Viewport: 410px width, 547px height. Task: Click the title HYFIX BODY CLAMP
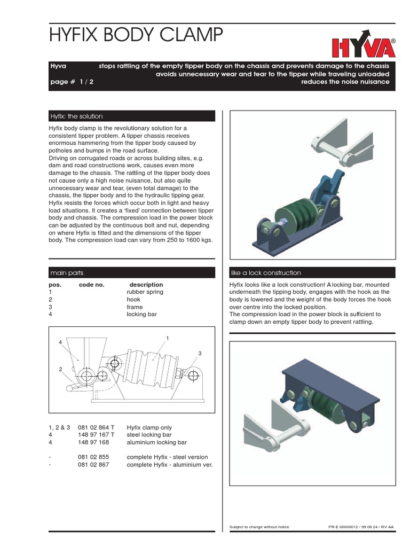point(135,35)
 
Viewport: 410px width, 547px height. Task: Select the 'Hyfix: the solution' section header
point(76,116)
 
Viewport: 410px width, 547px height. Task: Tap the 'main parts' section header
point(67,273)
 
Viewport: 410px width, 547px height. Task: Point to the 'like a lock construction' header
point(265,273)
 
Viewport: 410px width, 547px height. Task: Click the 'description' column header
point(146,285)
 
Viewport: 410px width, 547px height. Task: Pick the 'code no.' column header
point(92,285)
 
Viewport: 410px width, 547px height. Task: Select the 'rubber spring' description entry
point(145,292)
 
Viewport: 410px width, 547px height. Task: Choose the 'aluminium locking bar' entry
point(155,442)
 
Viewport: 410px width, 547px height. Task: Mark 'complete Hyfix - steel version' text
point(167,457)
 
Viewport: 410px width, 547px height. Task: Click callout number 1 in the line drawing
point(168,338)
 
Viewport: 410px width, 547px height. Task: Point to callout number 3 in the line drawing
point(199,354)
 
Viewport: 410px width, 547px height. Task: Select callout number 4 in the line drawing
point(60,342)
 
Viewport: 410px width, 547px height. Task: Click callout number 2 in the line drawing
point(60,369)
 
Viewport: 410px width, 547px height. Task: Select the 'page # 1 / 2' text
point(72,82)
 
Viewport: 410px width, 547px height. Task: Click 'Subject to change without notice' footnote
point(259,527)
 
